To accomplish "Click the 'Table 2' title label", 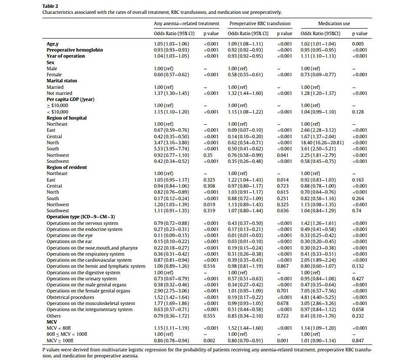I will coord(50,6).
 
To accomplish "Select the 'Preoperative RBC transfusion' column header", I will coord(260,23).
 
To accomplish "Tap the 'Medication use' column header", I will coord(334,23).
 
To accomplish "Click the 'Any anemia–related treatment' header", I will coord(187,23).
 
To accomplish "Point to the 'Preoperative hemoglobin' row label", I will coord(75,50).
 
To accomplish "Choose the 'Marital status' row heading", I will coord(62,81).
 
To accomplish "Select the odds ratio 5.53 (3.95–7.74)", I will coord(171,149).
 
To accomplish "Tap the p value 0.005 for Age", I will coord(358,44).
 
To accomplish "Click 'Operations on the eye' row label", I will coord(69,235).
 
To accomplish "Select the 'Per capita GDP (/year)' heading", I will coord(70,99).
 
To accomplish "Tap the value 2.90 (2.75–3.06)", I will coord(171,291).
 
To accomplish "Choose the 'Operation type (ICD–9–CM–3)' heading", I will coord(81,217).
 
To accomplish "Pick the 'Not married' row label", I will coord(59,93).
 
